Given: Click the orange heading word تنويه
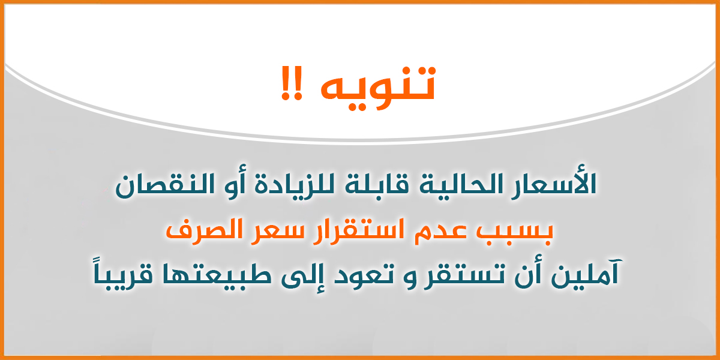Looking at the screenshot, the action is point(378,88).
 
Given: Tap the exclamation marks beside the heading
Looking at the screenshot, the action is point(292,83).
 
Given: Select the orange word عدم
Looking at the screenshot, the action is point(440,233).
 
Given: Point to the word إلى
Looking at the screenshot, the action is point(302,275).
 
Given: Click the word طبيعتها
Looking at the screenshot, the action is point(217,275).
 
